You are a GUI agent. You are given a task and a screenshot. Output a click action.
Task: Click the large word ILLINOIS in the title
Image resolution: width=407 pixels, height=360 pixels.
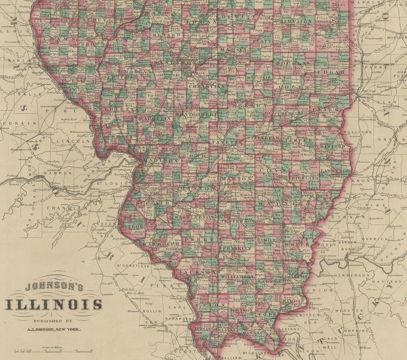(x=54, y=304)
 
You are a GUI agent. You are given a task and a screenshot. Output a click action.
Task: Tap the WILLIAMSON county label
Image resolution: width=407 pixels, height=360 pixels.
(x=237, y=277)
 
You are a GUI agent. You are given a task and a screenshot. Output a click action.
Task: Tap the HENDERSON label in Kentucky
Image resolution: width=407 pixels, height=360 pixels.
(x=352, y=275)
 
